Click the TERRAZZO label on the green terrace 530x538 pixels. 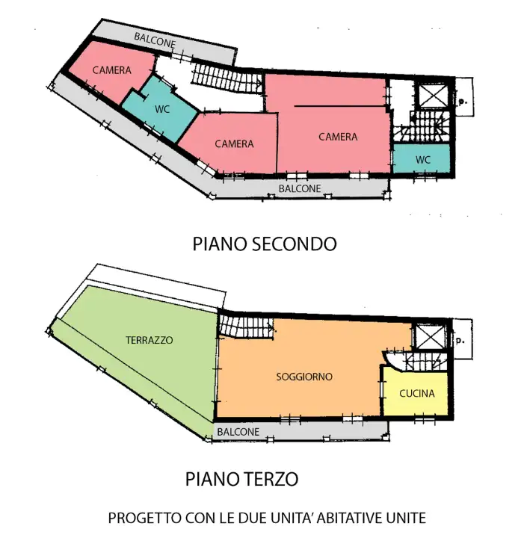[x=149, y=340]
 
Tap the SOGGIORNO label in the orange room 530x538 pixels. [x=304, y=377]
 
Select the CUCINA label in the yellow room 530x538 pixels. [x=417, y=394]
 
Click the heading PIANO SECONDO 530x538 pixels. [x=265, y=244]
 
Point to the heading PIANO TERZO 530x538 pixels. [x=242, y=478]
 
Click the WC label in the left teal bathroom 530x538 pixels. [x=162, y=108]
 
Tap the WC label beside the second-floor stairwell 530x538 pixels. [x=423, y=159]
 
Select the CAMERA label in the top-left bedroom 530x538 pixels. [x=112, y=70]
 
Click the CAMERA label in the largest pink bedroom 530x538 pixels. [x=338, y=137]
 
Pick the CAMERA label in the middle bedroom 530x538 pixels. [x=234, y=143]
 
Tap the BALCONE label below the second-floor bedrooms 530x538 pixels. [x=300, y=189]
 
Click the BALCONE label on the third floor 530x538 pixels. [x=238, y=432]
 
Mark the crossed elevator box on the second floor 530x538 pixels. [x=433, y=96]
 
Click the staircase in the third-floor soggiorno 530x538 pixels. [x=246, y=326]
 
